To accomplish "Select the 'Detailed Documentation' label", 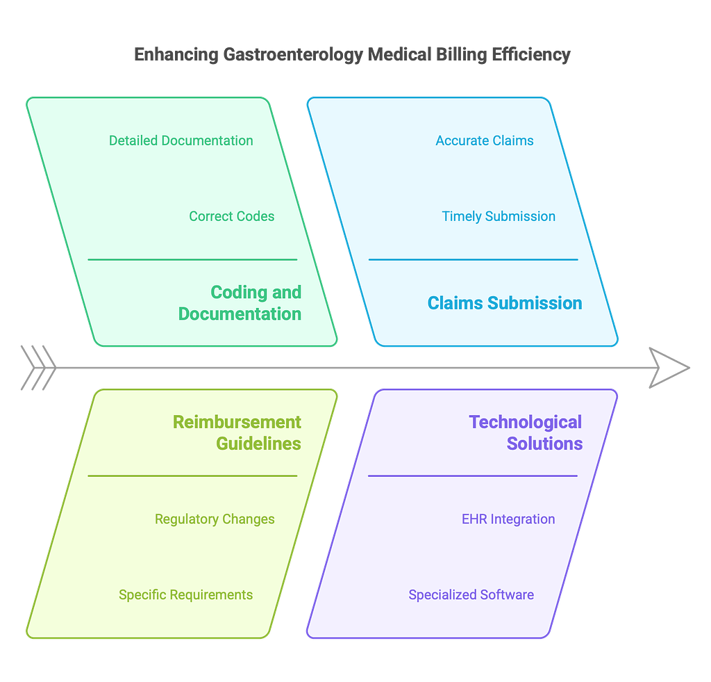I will pyautogui.click(x=181, y=140).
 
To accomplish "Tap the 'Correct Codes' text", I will pyautogui.click(x=231, y=216).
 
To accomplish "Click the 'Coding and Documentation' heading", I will pyautogui.click(x=240, y=303).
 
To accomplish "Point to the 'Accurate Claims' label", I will pyautogui.click(x=484, y=140).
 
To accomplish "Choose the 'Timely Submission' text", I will pyautogui.click(x=499, y=216).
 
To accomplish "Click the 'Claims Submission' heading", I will pyautogui.click(x=505, y=303).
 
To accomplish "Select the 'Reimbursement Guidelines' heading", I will pyautogui.click(x=237, y=432).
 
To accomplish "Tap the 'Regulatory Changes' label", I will pyautogui.click(x=215, y=519).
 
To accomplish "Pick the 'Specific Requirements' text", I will pyautogui.click(x=185, y=595).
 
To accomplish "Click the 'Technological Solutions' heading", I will pyautogui.click(x=526, y=432).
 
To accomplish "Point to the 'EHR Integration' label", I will pyautogui.click(x=508, y=519).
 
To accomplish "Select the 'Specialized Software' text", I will pyautogui.click(x=471, y=595).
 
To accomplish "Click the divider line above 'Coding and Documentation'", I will pyautogui.click(x=192, y=259).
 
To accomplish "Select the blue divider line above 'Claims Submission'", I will pyautogui.click(x=473, y=259).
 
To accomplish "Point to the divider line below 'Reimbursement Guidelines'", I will pyautogui.click(x=192, y=476).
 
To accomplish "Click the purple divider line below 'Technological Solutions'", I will pyautogui.click(x=473, y=476).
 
